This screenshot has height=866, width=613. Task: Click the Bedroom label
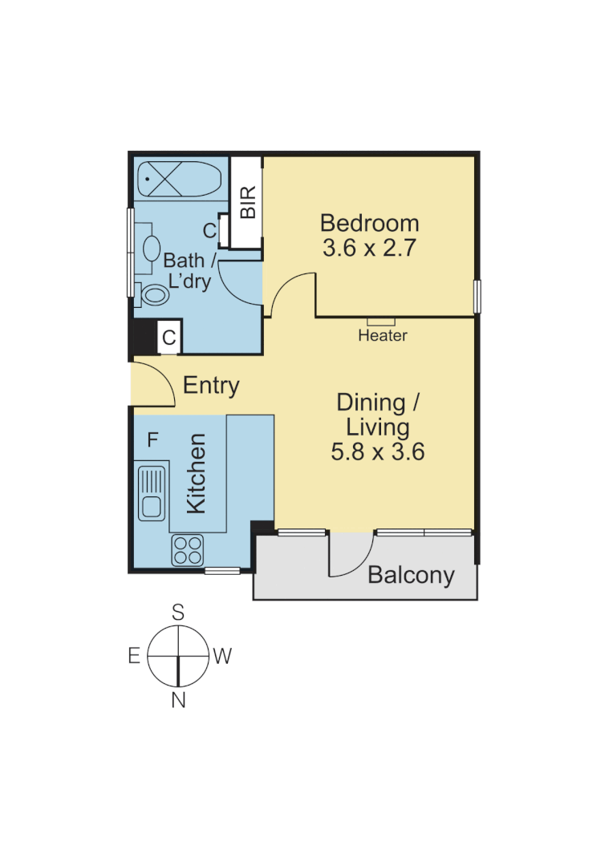[369, 222]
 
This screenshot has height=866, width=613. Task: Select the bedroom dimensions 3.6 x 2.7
[369, 248]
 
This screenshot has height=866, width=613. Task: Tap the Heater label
[383, 336]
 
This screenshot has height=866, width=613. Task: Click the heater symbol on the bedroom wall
[382, 321]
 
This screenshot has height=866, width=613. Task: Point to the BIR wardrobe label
[249, 202]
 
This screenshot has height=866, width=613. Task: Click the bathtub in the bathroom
[178, 179]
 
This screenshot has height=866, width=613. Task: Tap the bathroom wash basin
[150, 247]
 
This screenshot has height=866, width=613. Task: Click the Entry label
[211, 386]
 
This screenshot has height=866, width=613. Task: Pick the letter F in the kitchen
[152, 439]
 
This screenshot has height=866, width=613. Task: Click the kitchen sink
[150, 491]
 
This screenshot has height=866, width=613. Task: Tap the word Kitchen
[197, 473]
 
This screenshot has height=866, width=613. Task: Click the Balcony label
[411, 575]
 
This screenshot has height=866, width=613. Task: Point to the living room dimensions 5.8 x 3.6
[377, 452]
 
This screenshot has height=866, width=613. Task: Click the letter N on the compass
[178, 701]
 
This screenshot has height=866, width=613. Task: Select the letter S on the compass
[178, 613]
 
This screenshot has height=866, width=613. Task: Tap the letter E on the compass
[134, 656]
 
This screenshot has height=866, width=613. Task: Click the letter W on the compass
[222, 657]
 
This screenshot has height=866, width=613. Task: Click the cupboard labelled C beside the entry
[168, 338]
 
